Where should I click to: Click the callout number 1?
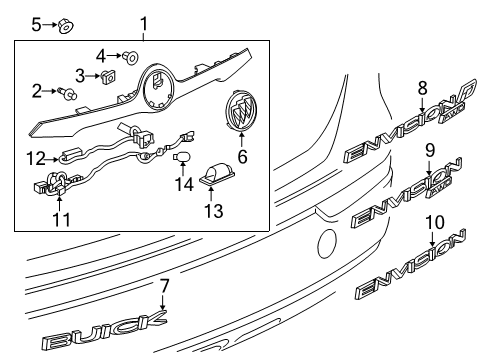tap(143, 23)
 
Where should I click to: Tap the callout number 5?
tap(37, 22)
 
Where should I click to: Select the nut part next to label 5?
tap(62, 24)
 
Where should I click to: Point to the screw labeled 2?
tap(70, 95)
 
